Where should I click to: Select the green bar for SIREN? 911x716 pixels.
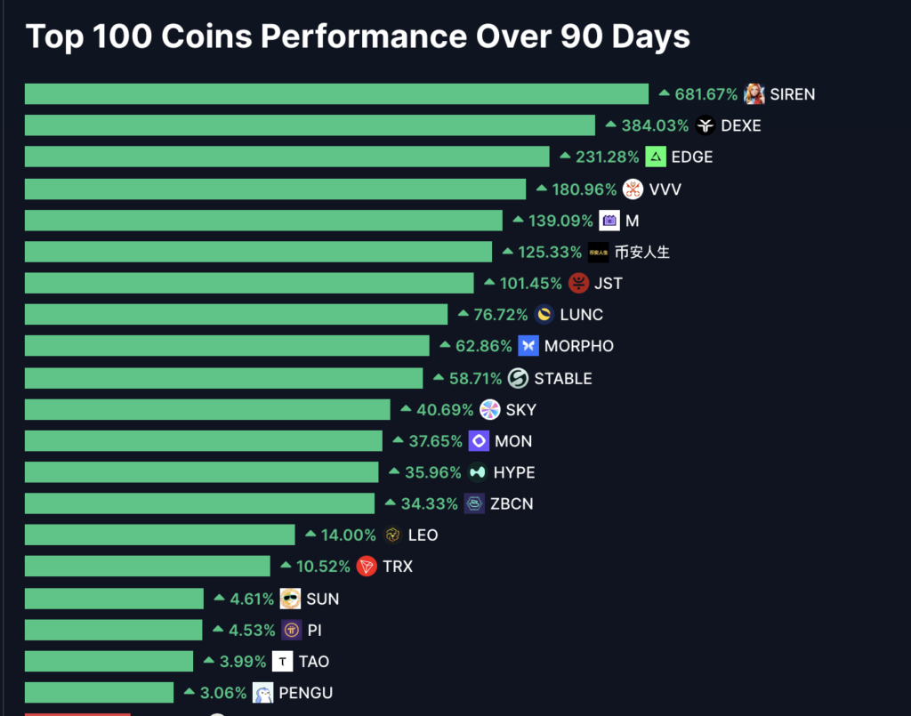tap(336, 94)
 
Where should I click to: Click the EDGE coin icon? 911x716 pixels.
tap(656, 157)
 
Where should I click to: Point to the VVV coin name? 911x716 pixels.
tap(665, 189)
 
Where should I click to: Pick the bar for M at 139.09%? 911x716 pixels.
tap(263, 221)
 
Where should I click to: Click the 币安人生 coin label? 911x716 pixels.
tap(642, 252)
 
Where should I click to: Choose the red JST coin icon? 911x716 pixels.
tap(578, 284)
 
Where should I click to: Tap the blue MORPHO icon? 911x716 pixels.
tap(528, 346)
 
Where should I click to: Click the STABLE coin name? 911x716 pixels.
tap(562, 378)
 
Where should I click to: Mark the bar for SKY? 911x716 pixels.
tap(207, 409)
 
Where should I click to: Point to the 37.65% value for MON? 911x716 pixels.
tap(436, 441)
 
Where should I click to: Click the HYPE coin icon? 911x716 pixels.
tap(478, 472)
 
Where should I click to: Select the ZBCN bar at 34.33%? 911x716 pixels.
tap(199, 504)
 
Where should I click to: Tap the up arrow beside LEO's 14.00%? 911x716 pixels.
tap(310, 535)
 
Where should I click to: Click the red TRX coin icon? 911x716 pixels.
tap(367, 567)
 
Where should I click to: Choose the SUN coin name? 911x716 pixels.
tap(322, 599)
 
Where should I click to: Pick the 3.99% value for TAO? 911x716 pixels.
tap(243, 662)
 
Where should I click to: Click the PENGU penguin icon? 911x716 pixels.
tap(262, 693)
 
